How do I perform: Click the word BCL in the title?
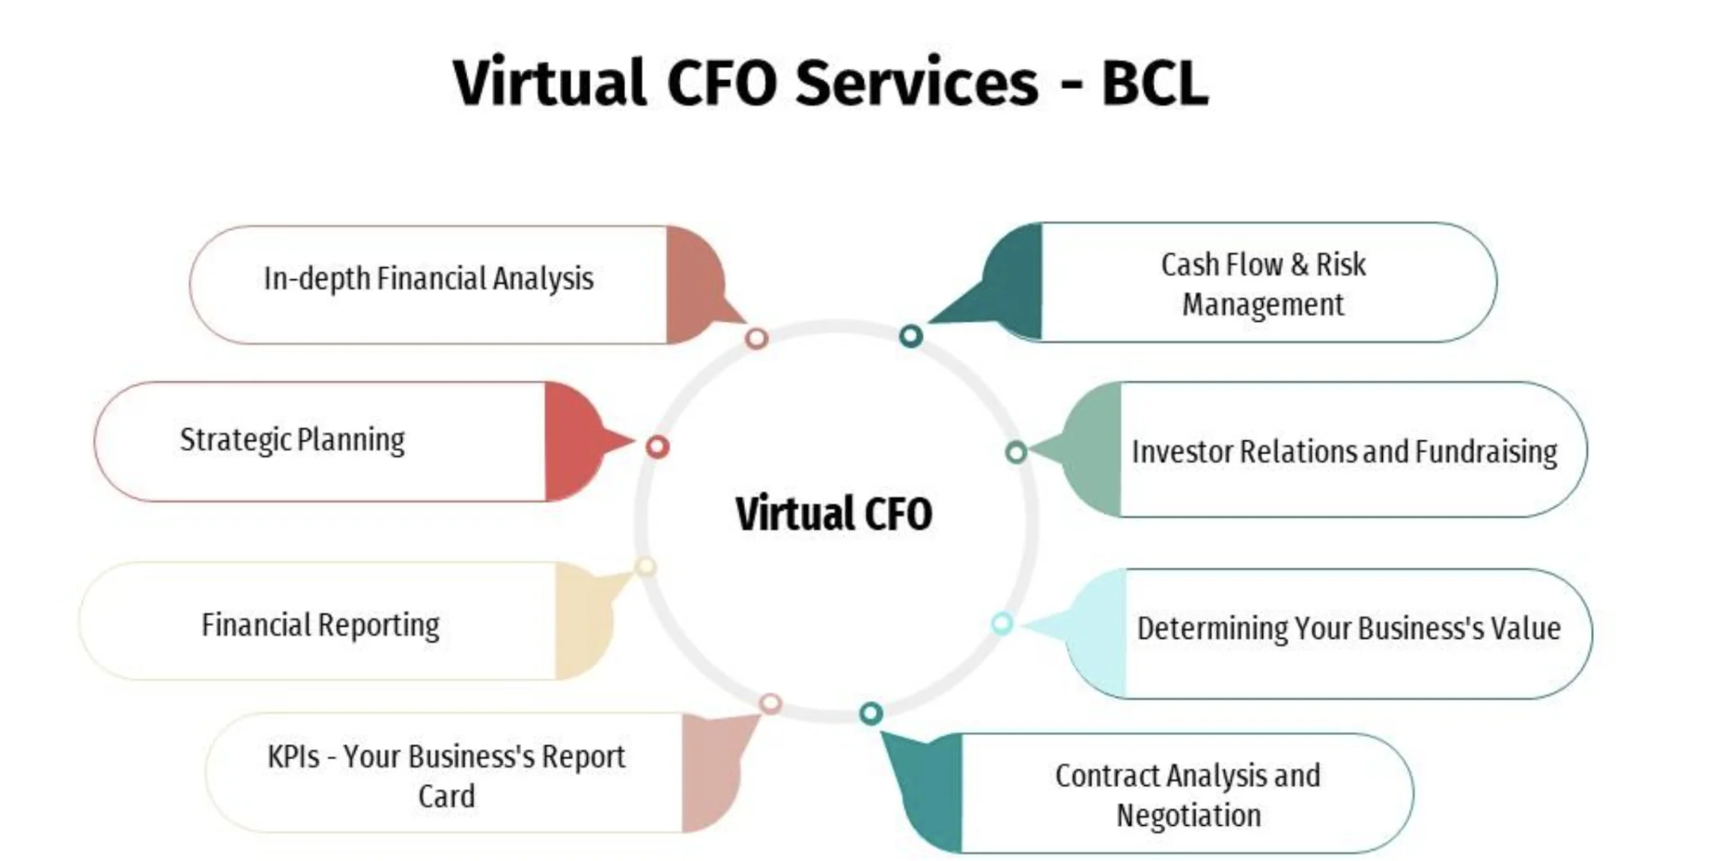(x=1154, y=83)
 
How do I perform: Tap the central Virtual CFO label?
(x=833, y=514)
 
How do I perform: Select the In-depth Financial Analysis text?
(x=428, y=279)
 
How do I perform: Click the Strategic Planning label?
(x=292, y=440)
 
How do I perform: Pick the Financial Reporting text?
(x=320, y=625)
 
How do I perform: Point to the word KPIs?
(x=293, y=756)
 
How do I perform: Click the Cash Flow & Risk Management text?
(x=1263, y=284)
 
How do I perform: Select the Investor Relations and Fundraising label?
(x=1344, y=452)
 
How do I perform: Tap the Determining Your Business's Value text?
(x=1348, y=628)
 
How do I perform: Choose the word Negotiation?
(x=1188, y=815)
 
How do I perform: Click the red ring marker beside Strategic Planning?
(x=657, y=447)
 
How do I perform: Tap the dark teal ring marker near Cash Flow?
(x=910, y=336)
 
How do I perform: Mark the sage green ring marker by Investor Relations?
(x=1015, y=452)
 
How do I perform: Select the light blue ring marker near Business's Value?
(x=1002, y=623)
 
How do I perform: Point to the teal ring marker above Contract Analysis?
(x=870, y=713)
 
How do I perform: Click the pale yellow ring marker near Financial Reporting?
(x=645, y=567)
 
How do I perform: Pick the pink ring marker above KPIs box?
(x=770, y=703)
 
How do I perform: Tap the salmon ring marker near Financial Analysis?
(x=756, y=338)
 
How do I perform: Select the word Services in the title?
(x=916, y=83)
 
